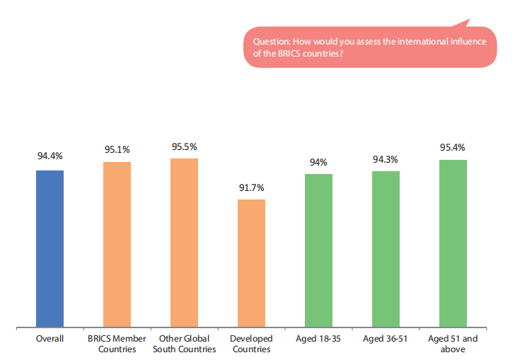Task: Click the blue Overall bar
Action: [50, 248]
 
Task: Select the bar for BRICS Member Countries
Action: [117, 244]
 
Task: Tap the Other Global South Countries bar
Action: [184, 243]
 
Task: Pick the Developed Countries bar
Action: [251, 263]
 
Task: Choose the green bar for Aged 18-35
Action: [318, 250]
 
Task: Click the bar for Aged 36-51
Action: [386, 249]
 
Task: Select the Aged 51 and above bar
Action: [453, 243]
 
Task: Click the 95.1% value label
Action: [117, 149]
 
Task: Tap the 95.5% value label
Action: [184, 146]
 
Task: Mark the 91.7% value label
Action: [251, 187]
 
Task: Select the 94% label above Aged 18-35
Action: [318, 162]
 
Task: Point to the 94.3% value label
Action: [386, 159]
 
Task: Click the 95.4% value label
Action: [453, 147]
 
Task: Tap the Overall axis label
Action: [50, 339]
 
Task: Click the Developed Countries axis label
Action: [251, 344]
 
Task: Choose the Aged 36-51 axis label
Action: [386, 339]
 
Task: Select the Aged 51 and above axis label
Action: [453, 344]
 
